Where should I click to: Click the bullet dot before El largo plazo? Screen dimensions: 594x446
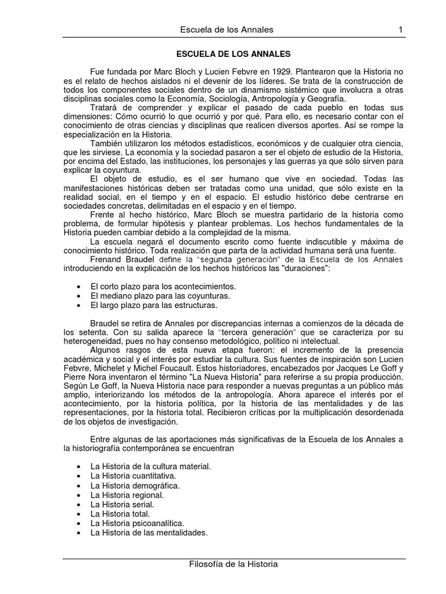coord(79,305)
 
